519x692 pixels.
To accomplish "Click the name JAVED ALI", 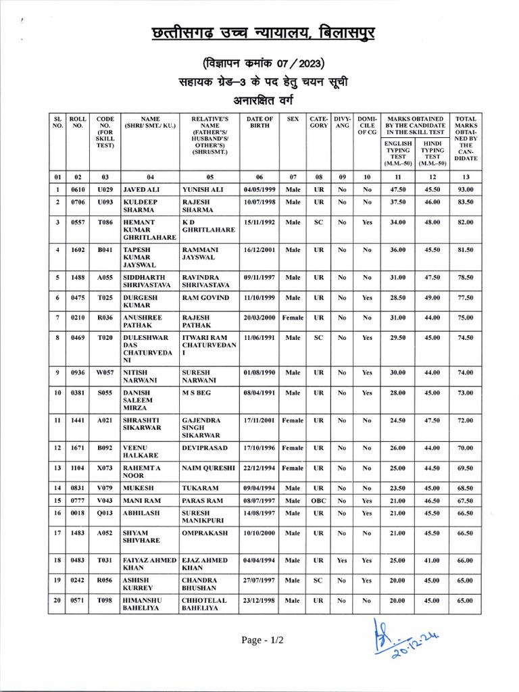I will tap(143, 190).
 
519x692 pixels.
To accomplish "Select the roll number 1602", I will tap(78, 249).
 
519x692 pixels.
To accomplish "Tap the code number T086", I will tap(105, 222).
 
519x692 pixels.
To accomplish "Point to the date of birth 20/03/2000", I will tap(259, 317).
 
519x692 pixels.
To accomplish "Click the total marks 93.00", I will tap(466, 190).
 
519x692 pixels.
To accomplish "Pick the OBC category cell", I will tap(318, 501).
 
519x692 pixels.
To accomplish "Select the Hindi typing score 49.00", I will tap(432, 297).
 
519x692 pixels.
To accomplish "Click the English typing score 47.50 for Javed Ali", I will tap(398, 190).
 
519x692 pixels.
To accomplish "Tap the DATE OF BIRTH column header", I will tap(259, 122).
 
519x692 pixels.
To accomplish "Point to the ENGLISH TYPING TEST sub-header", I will tap(398, 153).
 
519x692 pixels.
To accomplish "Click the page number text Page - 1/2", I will tap(263, 640).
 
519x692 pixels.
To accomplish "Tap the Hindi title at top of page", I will tap(259, 34).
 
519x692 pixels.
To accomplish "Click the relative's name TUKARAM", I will tap(201, 487).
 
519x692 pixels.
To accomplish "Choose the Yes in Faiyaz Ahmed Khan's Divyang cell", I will tap(342, 560).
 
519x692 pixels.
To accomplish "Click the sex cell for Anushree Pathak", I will tap(293, 317).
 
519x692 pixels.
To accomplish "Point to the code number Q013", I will tap(105, 514).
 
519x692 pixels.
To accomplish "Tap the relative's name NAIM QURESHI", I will tap(208, 468).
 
